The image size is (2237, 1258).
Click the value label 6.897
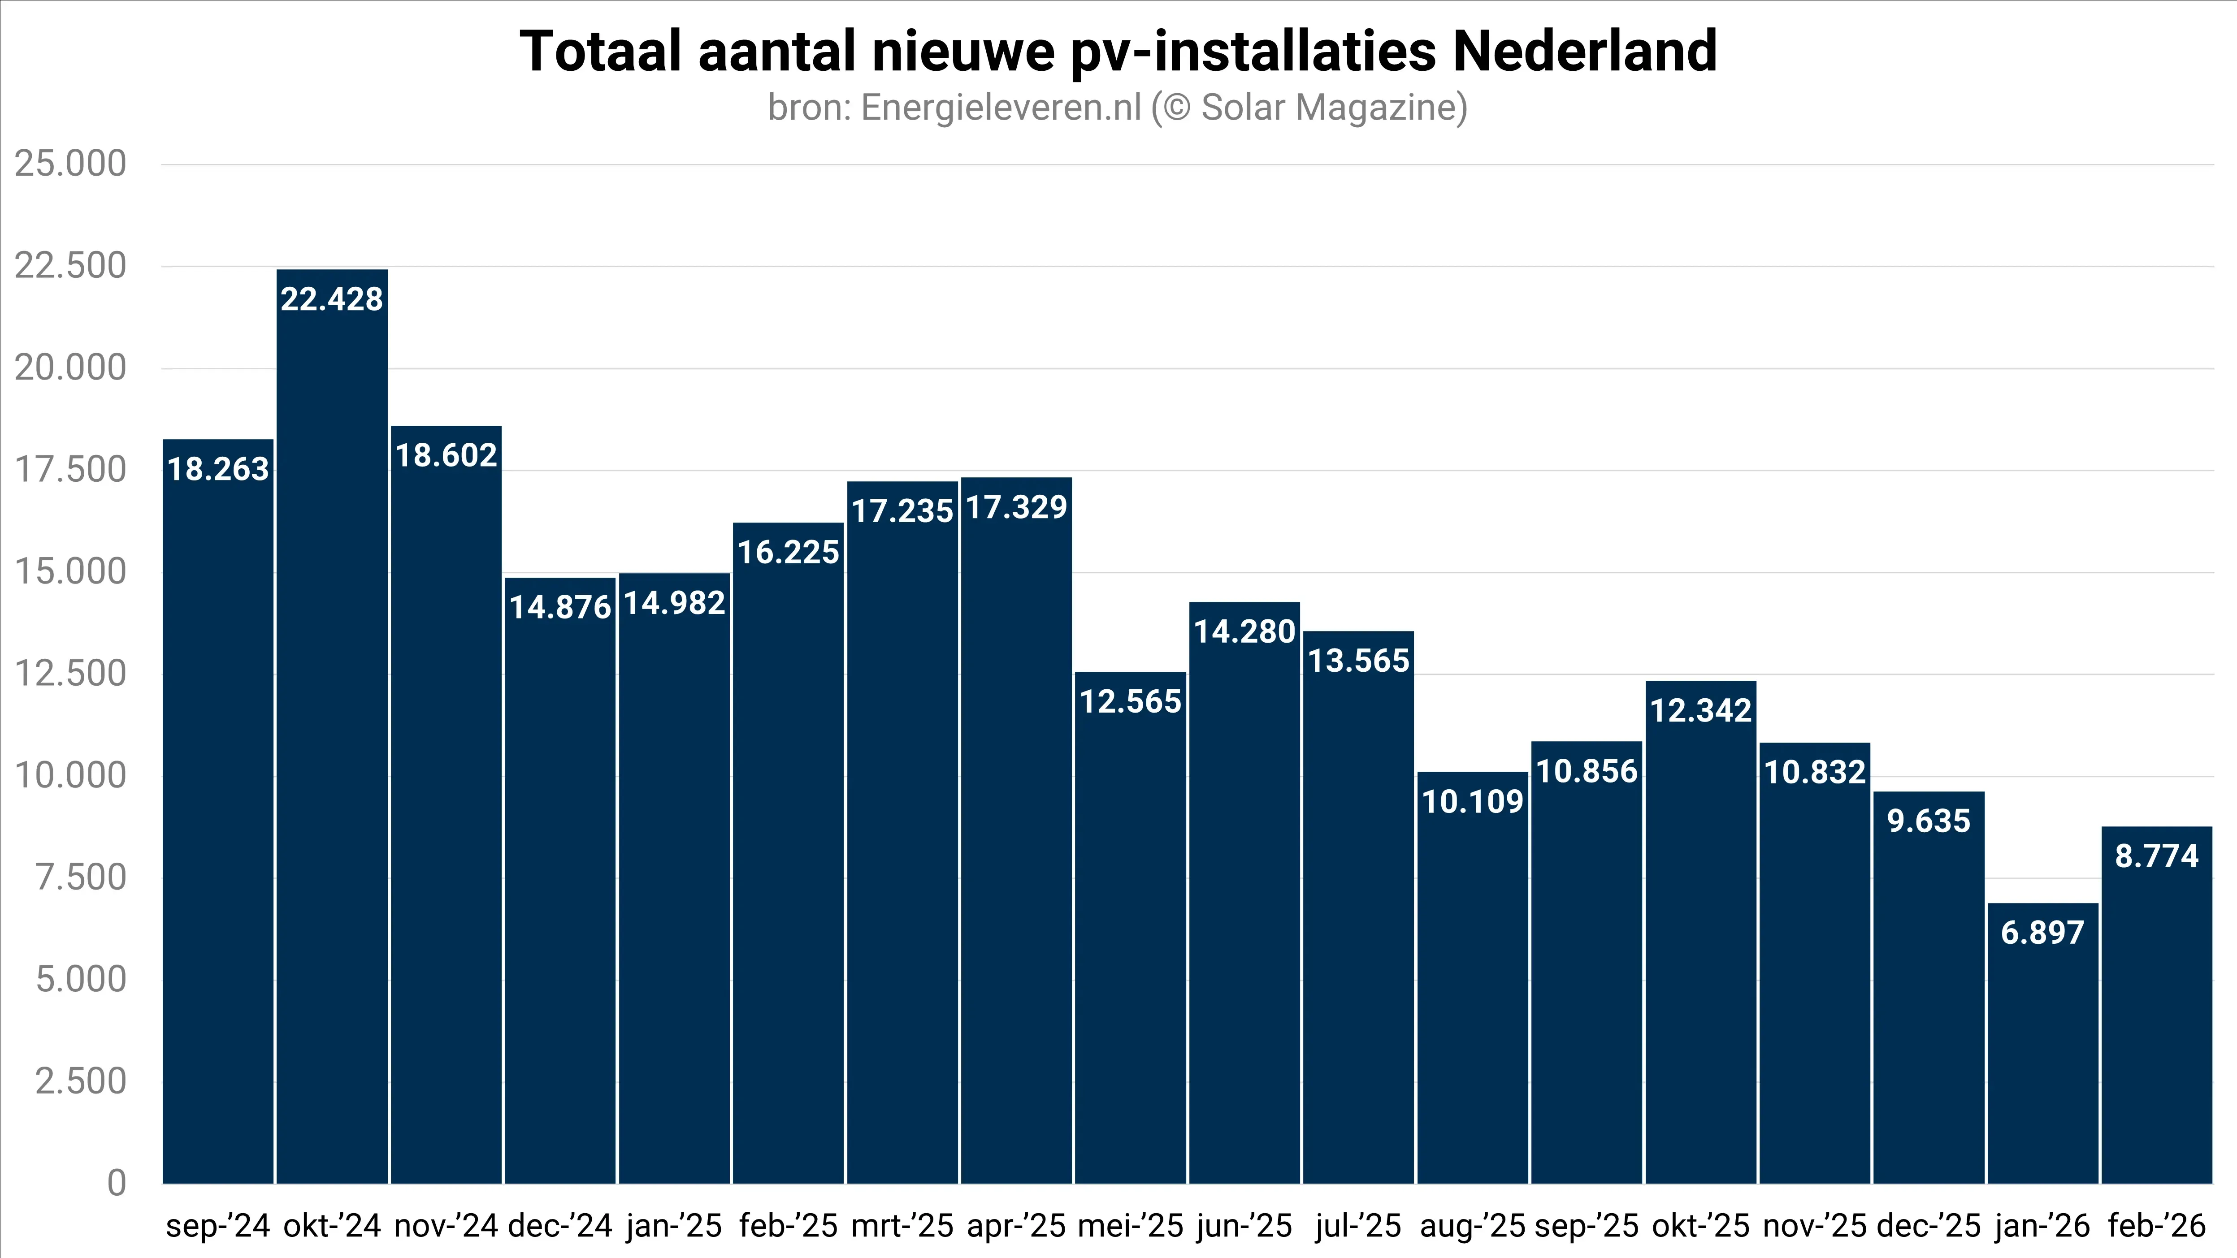click(x=2042, y=933)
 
